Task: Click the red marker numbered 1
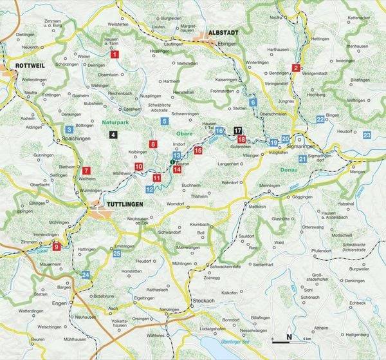pos(115,55)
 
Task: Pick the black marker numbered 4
pos(113,134)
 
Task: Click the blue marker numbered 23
pos(367,135)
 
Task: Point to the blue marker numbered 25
pos(116,253)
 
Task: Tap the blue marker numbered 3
pos(69,130)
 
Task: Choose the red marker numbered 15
pos(198,150)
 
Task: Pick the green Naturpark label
pos(115,120)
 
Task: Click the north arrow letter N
pos(289,337)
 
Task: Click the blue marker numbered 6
pos(253,102)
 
